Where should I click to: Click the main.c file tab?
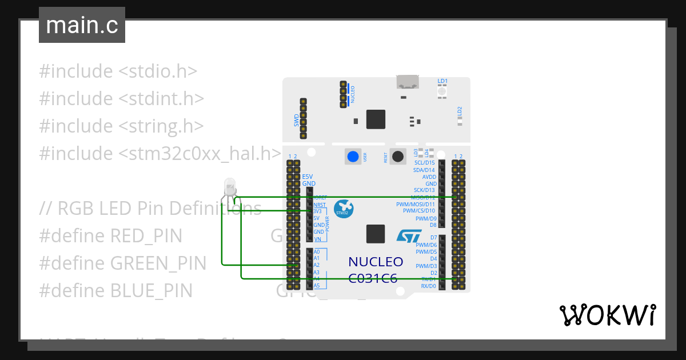point(82,25)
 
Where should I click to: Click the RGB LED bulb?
point(230,186)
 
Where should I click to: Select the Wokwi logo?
point(607,315)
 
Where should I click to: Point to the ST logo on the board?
point(409,236)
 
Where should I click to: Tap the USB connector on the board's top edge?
point(407,82)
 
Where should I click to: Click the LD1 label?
point(442,81)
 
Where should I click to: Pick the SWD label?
point(296,121)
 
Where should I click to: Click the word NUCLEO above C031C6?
point(376,262)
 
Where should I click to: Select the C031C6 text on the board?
point(373,278)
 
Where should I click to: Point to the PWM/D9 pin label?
point(426,218)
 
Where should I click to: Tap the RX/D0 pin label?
point(428,286)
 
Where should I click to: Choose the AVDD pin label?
point(429,177)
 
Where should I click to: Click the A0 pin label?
point(317,252)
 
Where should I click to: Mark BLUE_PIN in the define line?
point(151,290)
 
